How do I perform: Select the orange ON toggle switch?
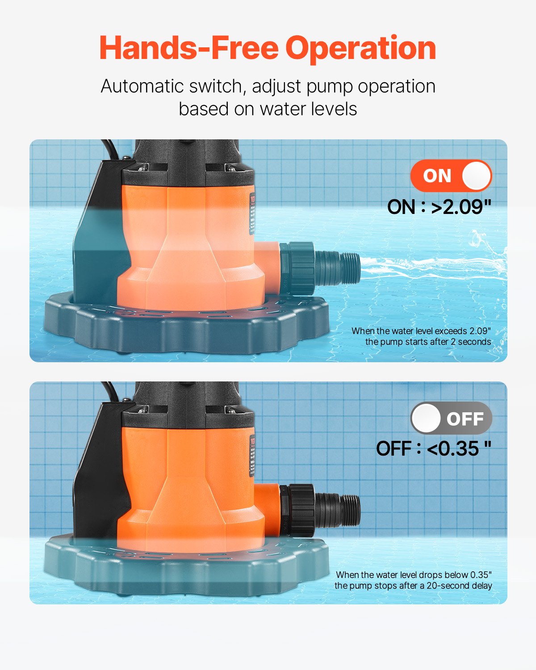point(451,176)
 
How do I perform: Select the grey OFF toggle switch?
point(451,419)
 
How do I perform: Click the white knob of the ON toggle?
point(476,176)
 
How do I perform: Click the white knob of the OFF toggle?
point(426,419)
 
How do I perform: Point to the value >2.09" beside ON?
point(461,207)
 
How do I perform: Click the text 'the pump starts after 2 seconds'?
point(428,342)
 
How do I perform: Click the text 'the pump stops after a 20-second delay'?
point(413,586)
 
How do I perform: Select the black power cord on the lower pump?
point(110,391)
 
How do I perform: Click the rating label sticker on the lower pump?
point(252,456)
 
